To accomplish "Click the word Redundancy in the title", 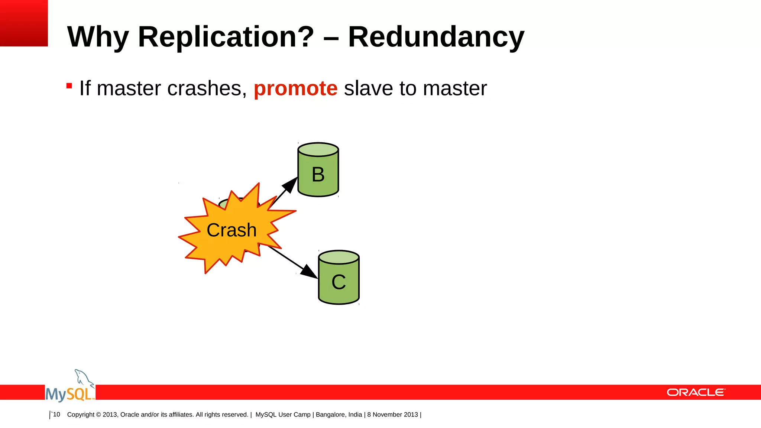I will (x=436, y=37).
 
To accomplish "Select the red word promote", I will (x=295, y=88).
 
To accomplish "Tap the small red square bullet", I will (x=69, y=86).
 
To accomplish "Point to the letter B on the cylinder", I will (x=318, y=174).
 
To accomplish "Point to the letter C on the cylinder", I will (x=339, y=282).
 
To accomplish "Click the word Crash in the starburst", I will (x=231, y=230).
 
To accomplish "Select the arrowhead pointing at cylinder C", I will (x=309, y=272).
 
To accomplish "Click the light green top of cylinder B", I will (x=318, y=149).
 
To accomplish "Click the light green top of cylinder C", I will (x=339, y=257).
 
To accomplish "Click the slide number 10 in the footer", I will (x=56, y=414).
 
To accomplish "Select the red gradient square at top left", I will (x=24, y=23).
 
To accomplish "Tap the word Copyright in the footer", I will (x=81, y=414).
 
